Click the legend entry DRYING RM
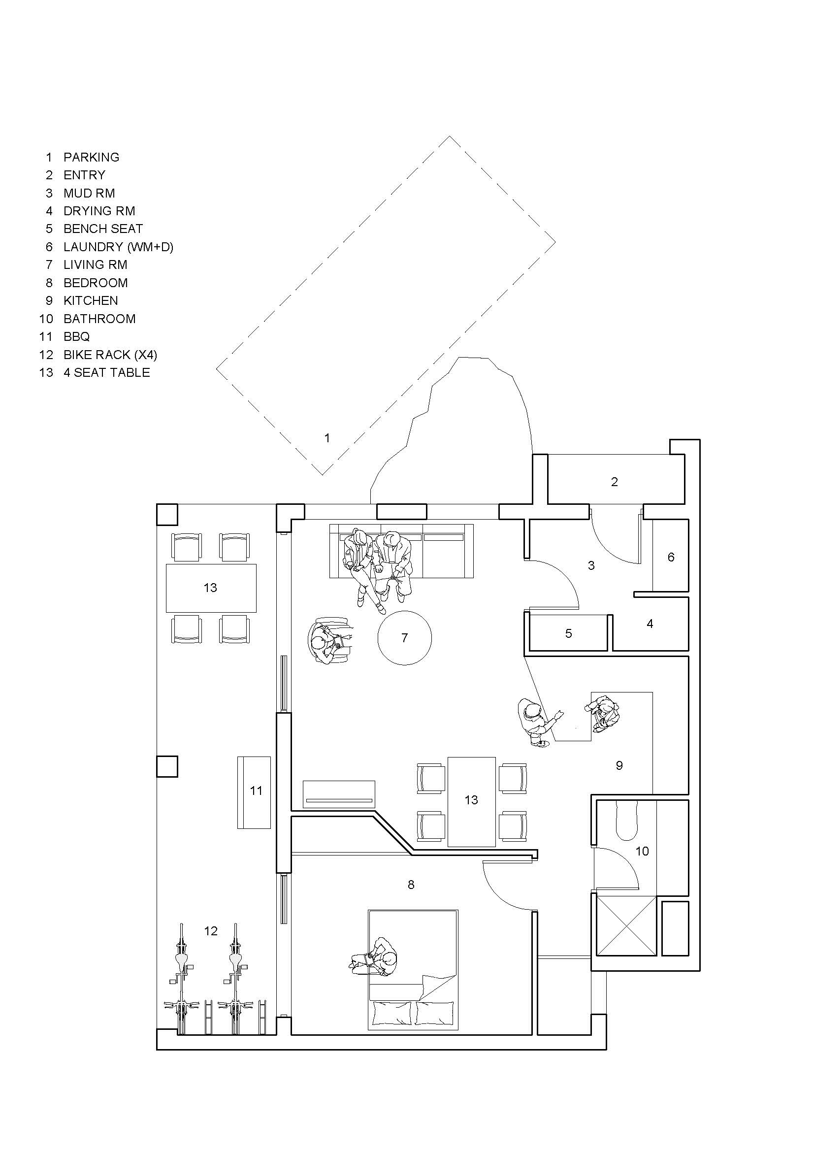(99, 211)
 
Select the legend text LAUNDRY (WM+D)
(118, 247)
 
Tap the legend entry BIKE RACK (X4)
(110, 355)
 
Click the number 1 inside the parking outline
(327, 438)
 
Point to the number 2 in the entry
(615, 482)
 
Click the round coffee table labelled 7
(404, 638)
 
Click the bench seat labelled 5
(568, 633)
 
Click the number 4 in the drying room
(650, 624)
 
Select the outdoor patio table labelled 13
(211, 588)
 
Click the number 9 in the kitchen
(619, 765)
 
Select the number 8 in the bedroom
(411, 885)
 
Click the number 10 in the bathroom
(642, 851)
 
